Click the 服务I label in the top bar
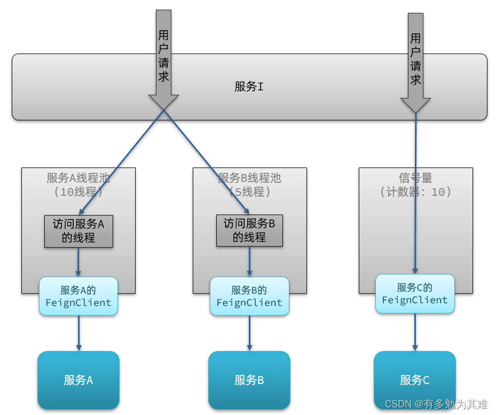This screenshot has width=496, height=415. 249,87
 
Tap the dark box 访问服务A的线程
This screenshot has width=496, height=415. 78,231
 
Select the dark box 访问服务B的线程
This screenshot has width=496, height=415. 249,231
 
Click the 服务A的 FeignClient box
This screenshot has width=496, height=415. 78,296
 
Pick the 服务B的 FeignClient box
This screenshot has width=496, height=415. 249,296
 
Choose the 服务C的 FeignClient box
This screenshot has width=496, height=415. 415,294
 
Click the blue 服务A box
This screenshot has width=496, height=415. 78,380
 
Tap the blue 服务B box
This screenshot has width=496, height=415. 249,380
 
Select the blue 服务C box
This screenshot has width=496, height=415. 415,380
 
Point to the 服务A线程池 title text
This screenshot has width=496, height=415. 78,178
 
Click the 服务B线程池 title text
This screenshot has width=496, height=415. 249,178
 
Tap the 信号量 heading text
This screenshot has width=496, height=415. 415,178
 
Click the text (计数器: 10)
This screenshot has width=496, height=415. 415,191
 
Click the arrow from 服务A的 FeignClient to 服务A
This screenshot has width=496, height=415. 78,333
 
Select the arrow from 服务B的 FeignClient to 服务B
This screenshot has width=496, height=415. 249,333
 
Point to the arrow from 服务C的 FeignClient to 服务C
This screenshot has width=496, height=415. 415,332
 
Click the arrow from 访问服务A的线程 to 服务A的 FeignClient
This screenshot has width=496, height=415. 78,262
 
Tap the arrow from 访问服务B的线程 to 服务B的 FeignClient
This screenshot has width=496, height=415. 249,262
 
